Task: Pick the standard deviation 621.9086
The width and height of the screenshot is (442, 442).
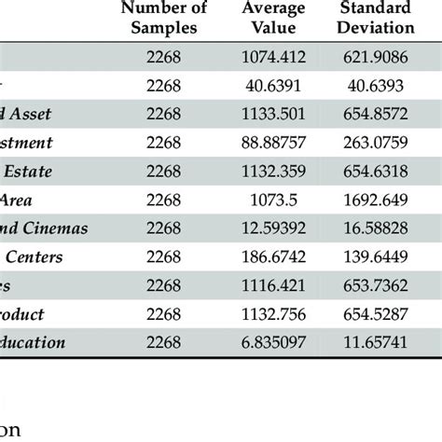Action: tap(382, 58)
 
